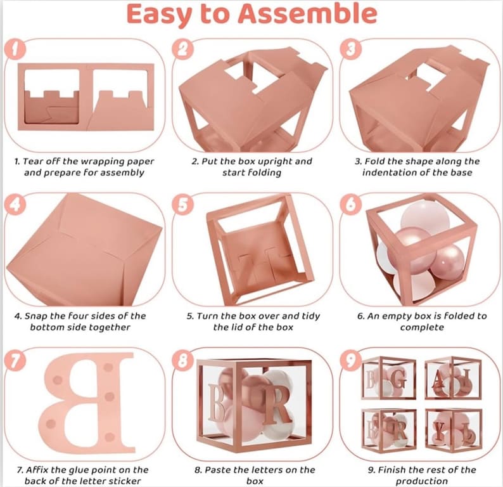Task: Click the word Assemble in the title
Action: tap(307, 13)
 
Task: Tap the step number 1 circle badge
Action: tap(15, 49)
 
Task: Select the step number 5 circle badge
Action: tap(182, 204)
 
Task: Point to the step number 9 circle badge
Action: tap(351, 359)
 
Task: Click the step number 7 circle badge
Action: tap(15, 359)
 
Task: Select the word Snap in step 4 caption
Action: tap(36, 316)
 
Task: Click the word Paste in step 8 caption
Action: tap(218, 470)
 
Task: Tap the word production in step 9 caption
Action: tap(421, 481)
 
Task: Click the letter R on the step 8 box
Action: tap(277, 405)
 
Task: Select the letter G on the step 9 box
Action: tap(399, 380)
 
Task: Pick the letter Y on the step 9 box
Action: tap(440, 429)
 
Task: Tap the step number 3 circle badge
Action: tap(351, 49)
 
